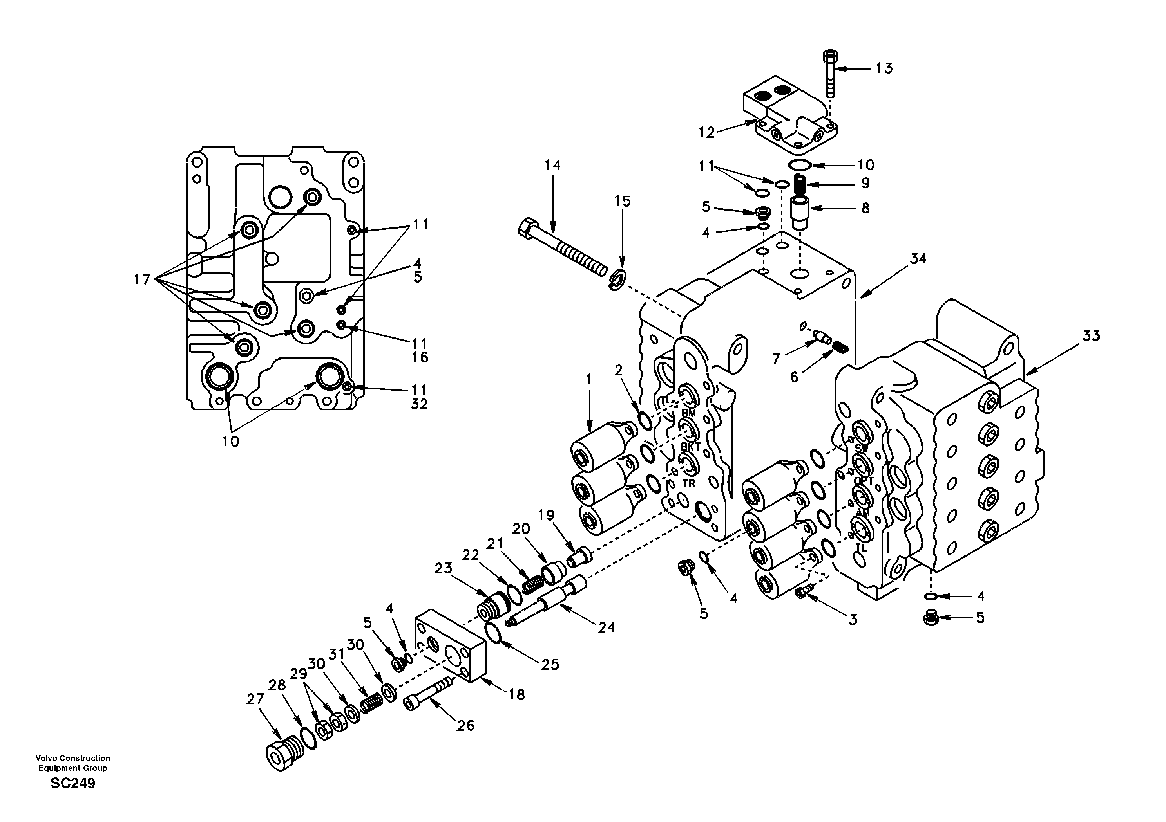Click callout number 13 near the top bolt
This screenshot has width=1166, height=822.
[884, 68]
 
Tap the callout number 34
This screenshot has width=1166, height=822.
[918, 259]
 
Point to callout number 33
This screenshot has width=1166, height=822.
[1091, 336]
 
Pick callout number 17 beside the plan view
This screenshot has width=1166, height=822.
[142, 279]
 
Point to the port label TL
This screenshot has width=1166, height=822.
[861, 548]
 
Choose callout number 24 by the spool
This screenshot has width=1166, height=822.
[606, 628]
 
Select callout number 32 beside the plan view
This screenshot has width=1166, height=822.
[420, 404]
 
